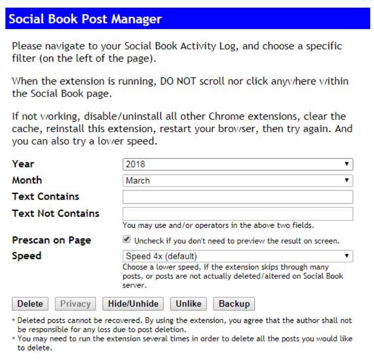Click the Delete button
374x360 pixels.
click(x=30, y=304)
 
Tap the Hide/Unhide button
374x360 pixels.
click(x=133, y=304)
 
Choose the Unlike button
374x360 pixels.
click(x=188, y=304)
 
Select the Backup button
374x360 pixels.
click(x=234, y=304)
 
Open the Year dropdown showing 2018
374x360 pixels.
click(x=238, y=164)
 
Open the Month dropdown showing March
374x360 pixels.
click(x=238, y=180)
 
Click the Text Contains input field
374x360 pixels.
click(x=238, y=197)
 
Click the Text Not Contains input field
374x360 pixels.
click(x=238, y=214)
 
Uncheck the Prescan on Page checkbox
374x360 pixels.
click(x=126, y=240)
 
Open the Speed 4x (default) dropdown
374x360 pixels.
click(x=238, y=256)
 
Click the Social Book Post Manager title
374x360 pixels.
click(x=85, y=19)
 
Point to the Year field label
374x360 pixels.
click(x=23, y=164)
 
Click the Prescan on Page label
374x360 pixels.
click(x=52, y=240)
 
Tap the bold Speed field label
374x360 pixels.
click(x=26, y=256)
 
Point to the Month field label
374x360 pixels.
click(x=27, y=180)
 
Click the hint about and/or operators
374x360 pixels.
click(x=218, y=225)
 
